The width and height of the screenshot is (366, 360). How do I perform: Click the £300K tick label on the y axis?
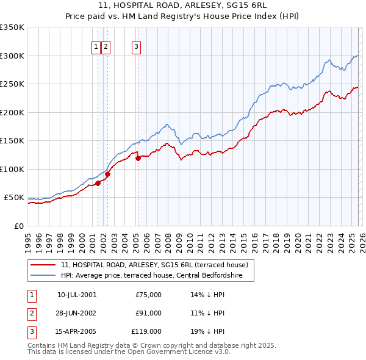[x=12, y=56]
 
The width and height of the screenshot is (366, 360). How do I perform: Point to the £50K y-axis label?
[x=14, y=198]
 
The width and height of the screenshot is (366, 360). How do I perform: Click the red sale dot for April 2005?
[x=138, y=158]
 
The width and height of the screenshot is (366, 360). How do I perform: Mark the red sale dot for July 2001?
[x=98, y=183]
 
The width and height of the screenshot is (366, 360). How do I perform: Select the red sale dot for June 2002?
[x=107, y=174]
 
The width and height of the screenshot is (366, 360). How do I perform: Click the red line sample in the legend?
[x=43, y=265]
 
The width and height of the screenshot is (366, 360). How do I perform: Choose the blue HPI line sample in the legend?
[x=43, y=276]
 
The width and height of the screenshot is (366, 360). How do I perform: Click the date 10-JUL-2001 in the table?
[x=77, y=295]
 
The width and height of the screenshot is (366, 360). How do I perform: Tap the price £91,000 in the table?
[x=148, y=313]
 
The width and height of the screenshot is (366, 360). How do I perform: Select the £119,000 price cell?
[x=147, y=331]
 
